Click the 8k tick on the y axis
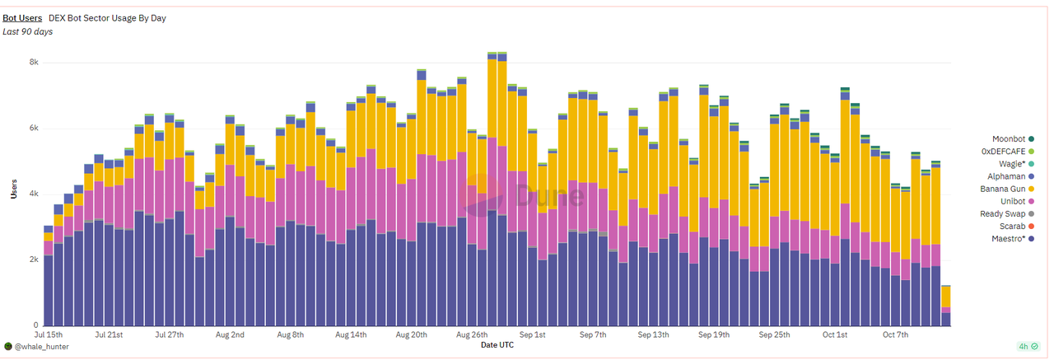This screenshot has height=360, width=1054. tap(34, 63)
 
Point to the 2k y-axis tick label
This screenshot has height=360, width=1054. tap(34, 259)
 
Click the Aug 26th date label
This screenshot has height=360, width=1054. tap(473, 335)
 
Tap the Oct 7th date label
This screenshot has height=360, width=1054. tap(895, 335)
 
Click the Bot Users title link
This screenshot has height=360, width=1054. tap(22, 17)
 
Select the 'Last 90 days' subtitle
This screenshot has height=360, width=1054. tap(27, 32)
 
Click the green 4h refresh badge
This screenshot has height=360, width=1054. tap(1028, 346)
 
